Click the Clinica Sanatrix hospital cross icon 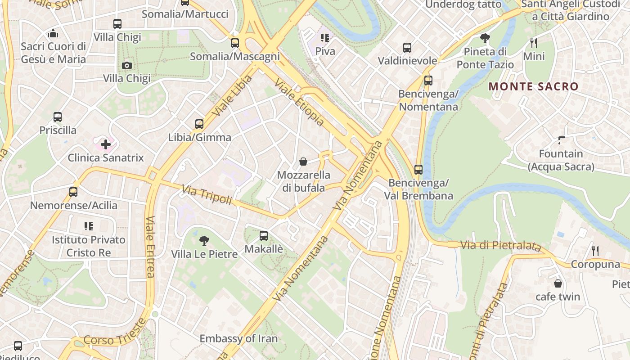click(106, 144)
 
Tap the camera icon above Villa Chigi click(127, 65)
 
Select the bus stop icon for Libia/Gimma click(199, 124)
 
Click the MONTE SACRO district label click(533, 86)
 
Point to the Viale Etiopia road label click(299, 103)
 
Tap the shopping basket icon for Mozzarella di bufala click(303, 162)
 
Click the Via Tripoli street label click(207, 195)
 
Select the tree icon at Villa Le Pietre click(204, 240)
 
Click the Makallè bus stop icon click(264, 235)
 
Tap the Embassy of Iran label click(238, 338)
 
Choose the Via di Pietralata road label click(500, 246)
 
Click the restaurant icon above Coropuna click(595, 251)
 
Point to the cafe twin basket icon click(558, 283)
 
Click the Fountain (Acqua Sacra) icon click(561, 140)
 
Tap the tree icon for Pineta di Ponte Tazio click(485, 38)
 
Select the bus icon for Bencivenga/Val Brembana click(418, 170)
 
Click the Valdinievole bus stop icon click(407, 47)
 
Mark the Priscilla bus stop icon click(58, 117)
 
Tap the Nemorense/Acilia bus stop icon click(73, 192)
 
